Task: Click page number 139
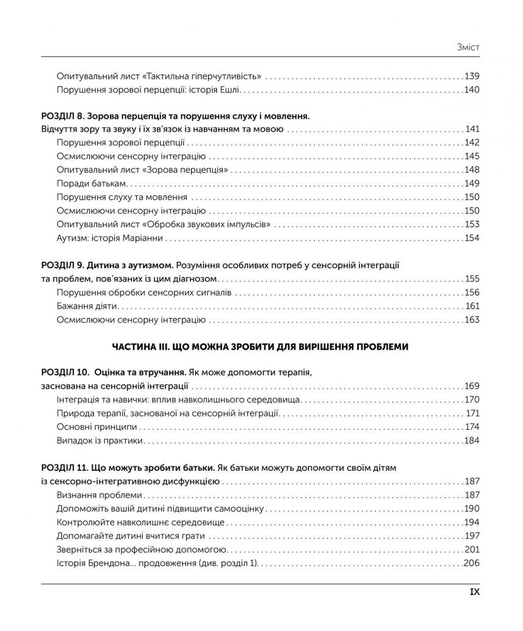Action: click(471, 76)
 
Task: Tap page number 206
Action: click(471, 563)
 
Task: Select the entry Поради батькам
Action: click(91, 184)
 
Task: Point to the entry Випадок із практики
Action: click(100, 441)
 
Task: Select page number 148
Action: click(471, 170)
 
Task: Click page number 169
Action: click(471, 386)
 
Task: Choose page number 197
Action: click(471, 536)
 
